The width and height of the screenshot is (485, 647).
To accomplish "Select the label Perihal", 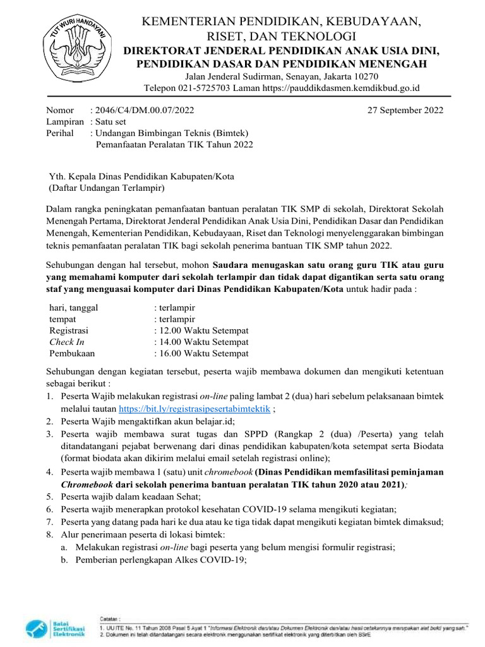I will click(x=61, y=133).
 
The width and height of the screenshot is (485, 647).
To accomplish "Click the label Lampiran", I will click(x=65, y=121).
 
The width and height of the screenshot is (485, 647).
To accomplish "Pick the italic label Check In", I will click(x=67, y=342).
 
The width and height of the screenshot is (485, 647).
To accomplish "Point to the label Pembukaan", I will click(x=72, y=353).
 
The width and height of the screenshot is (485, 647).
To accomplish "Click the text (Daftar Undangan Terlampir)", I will click(x=107, y=188).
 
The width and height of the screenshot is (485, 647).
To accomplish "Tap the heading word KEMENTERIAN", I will click(x=190, y=22).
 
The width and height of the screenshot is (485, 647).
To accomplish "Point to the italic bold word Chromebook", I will click(x=85, y=485).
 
